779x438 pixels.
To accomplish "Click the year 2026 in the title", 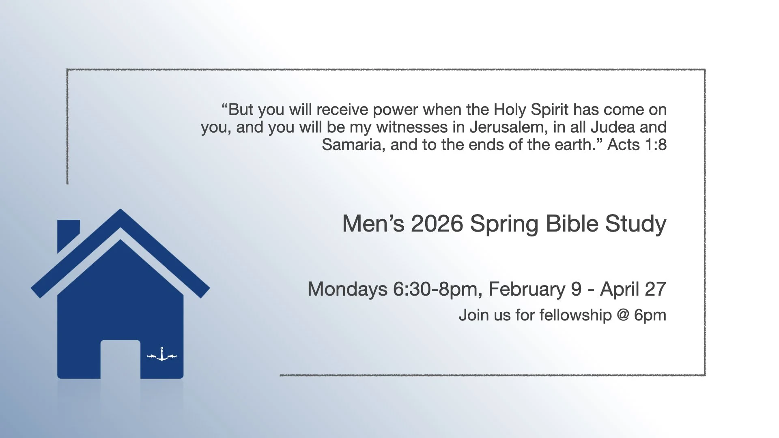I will click(437, 223).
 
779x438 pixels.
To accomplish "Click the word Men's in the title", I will click(373, 223).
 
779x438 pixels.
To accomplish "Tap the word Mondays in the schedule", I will click(347, 289).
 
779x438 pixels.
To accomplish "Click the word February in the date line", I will click(527, 289).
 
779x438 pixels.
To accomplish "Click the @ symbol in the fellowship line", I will click(623, 315).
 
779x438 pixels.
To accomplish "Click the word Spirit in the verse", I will click(549, 110).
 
